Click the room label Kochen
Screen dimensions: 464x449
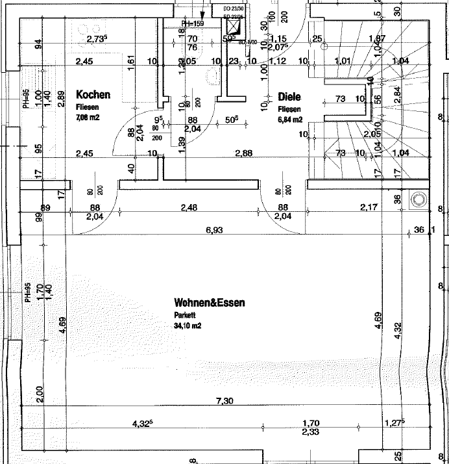pos(93,94)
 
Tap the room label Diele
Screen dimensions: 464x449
pos(289,97)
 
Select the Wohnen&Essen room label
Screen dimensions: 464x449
pos(209,303)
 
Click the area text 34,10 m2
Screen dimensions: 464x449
pos(188,326)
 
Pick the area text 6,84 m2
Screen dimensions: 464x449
pos(290,120)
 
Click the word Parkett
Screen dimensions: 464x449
pos(184,315)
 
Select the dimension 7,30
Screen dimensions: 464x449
pos(224,401)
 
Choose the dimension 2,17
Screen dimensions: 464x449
pos(369,207)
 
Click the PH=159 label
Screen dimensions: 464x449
pos(193,24)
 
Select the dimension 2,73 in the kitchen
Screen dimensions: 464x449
pos(96,39)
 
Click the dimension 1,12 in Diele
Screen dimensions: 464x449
pos(277,61)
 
